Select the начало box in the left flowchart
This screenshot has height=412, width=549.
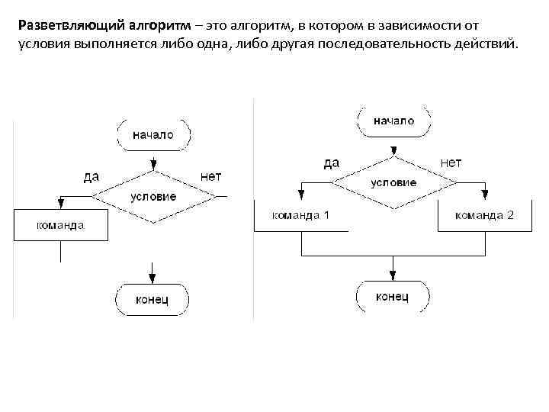pyautogui.click(x=152, y=135)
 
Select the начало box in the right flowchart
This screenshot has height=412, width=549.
pyautogui.click(x=393, y=121)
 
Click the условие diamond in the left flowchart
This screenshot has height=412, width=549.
pyautogui.click(x=152, y=196)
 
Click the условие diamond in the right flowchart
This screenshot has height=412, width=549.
pyautogui.click(x=393, y=182)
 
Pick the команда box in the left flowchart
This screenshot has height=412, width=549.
pyautogui.click(x=60, y=226)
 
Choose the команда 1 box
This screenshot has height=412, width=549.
pyautogui.click(x=301, y=215)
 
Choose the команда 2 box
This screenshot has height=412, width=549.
pyautogui.click(x=485, y=215)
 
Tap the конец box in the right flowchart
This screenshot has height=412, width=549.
pyautogui.click(x=393, y=295)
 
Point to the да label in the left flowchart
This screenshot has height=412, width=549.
pyautogui.click(x=91, y=176)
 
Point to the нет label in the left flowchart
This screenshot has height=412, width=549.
pyautogui.click(x=210, y=176)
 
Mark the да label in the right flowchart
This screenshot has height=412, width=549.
pyautogui.click(x=331, y=163)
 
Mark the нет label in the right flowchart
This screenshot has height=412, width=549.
pyautogui.click(x=451, y=163)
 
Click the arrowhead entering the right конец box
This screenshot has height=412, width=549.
pyautogui.click(x=393, y=275)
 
